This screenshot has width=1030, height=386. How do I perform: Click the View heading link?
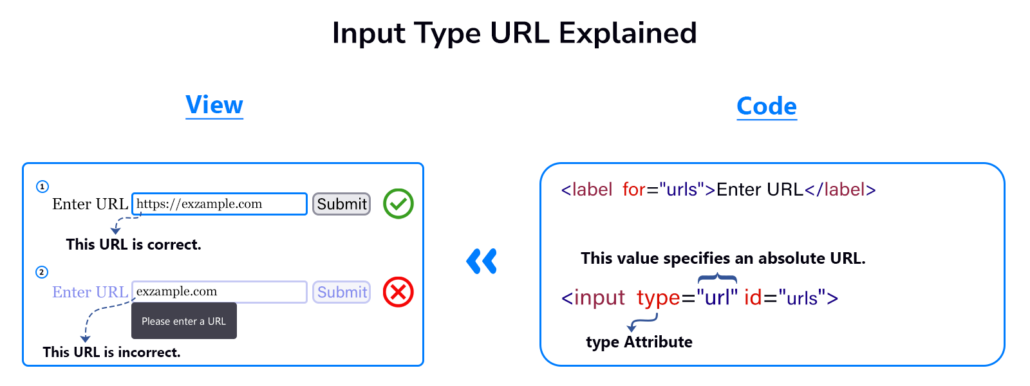214,105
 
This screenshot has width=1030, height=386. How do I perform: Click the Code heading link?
767,106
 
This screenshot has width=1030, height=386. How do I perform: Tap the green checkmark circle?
398,204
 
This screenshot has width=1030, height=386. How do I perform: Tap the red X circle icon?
398,292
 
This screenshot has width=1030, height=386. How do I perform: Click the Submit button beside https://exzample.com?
342,204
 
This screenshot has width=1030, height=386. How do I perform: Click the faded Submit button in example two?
342,292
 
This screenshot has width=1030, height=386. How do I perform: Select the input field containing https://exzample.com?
219,204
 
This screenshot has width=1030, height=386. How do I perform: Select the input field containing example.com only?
219,291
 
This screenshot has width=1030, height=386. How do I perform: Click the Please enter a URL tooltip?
184,321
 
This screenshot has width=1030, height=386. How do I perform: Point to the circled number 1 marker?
42,187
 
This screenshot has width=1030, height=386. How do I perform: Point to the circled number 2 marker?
42,272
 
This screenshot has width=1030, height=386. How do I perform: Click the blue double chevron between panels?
482,261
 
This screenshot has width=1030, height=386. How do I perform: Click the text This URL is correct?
134,244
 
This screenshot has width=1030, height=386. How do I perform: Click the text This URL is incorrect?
111,352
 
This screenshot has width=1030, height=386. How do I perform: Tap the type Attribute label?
639,342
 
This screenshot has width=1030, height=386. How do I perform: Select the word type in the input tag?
658,298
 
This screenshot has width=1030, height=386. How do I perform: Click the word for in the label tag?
633,190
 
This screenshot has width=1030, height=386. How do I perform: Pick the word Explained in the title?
628,33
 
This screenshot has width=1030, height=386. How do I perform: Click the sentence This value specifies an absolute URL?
723,258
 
